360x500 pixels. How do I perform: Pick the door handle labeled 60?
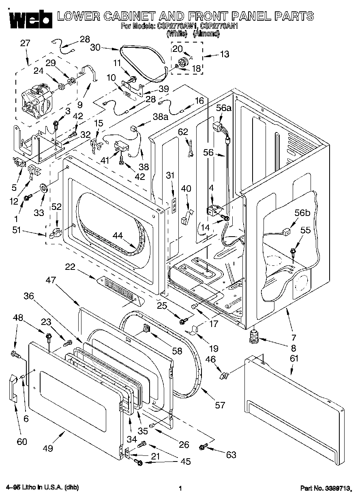[x=13, y=388]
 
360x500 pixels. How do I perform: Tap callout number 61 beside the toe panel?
[x=294, y=358]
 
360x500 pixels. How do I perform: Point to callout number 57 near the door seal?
[x=219, y=405]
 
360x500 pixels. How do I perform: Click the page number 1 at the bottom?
[x=180, y=488]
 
